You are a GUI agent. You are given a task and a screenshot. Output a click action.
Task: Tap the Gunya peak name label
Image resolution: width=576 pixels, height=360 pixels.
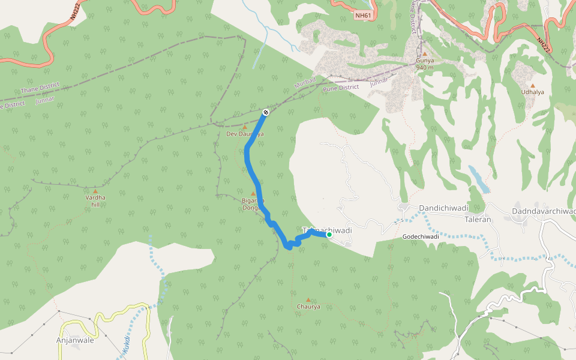point(425,61)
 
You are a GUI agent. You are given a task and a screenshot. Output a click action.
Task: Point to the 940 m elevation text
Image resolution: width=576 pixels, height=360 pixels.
point(425,68)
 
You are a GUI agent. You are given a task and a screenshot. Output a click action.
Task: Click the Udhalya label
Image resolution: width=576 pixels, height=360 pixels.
point(532,92)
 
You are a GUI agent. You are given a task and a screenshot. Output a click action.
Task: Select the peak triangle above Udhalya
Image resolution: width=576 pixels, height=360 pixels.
point(532,85)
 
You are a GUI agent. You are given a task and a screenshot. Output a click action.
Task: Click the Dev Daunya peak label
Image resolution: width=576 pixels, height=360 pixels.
point(245,134)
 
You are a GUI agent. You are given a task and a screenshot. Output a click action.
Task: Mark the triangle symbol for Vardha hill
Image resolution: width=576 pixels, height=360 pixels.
point(94,191)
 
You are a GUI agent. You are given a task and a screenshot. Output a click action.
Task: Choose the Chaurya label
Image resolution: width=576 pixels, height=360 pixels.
point(308,307)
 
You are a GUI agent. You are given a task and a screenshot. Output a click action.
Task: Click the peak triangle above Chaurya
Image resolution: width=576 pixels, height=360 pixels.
point(308,299)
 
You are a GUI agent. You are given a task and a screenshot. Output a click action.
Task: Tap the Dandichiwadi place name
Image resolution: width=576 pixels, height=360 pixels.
point(443,208)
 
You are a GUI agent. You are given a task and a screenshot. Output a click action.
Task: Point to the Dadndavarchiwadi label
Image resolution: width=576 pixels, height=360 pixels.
point(544,211)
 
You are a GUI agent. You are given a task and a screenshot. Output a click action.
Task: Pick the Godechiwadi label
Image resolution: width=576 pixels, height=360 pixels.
point(421,236)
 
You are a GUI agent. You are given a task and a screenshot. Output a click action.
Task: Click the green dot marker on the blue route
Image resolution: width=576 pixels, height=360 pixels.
point(329,235)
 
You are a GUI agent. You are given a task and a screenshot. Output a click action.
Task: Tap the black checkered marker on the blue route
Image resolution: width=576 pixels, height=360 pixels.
point(266,112)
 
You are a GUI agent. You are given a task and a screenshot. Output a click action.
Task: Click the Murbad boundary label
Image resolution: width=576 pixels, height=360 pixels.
point(305,83)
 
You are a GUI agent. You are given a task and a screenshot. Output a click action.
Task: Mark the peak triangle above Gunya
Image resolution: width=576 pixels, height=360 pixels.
point(424,54)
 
